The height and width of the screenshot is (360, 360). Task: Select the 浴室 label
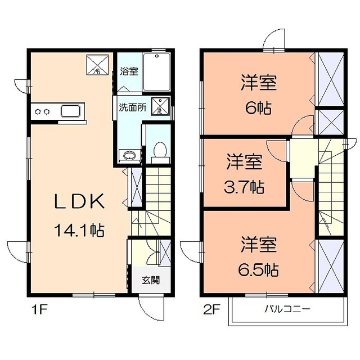pos(129,72)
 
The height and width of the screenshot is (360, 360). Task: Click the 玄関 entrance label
pos(149,279)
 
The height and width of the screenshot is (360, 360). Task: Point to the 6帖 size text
pos(258,107)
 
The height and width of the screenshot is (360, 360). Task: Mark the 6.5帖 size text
pos(259,269)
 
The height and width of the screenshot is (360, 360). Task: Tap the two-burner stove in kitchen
pos(41,111)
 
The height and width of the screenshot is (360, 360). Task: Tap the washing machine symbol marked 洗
pos(160,106)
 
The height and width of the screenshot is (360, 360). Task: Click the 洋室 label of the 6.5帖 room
pos(259,245)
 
